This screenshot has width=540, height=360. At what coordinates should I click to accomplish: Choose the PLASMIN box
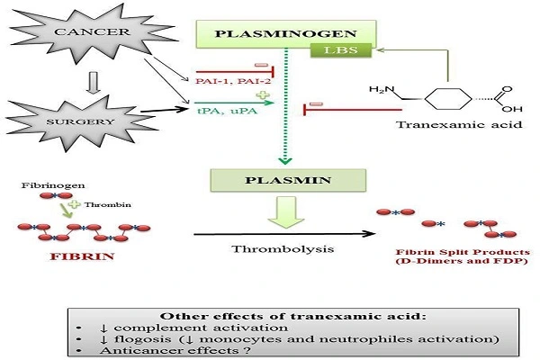(283, 180)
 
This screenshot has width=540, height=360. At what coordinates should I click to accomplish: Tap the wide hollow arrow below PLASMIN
(283, 214)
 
